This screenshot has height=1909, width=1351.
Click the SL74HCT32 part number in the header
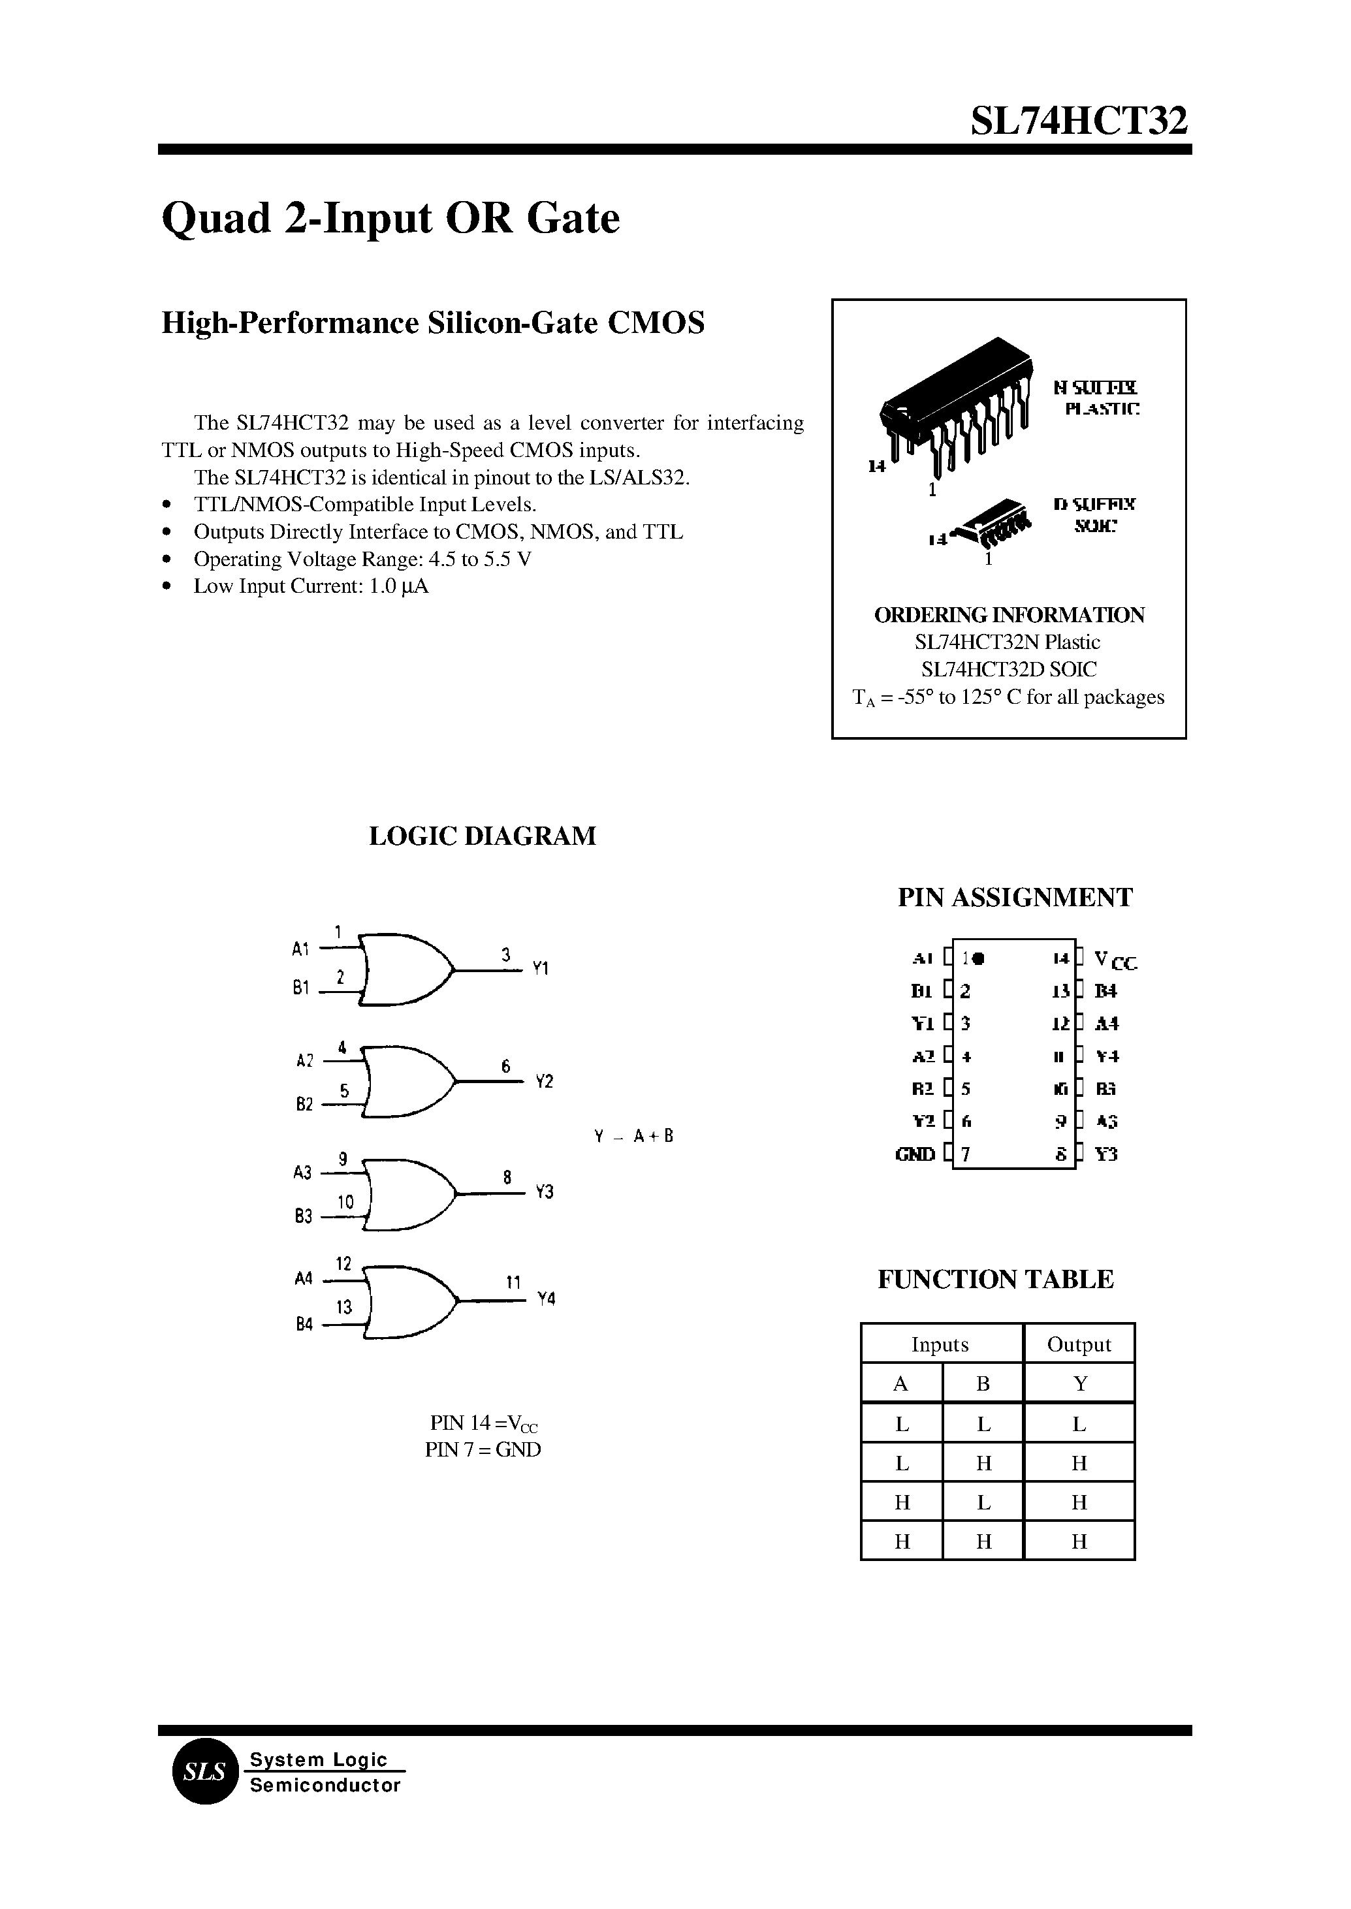(1078, 121)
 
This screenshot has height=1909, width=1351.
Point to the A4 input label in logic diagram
(304, 1278)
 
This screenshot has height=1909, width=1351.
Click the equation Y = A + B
(633, 1136)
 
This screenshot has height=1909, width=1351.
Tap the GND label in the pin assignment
(914, 1154)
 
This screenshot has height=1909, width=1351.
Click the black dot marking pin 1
(978, 958)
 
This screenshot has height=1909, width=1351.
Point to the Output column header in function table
(1078, 1345)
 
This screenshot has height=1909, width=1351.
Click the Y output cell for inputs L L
(1079, 1425)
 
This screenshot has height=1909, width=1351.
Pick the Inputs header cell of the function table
(940, 1345)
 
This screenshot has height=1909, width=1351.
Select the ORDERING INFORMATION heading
(1008, 616)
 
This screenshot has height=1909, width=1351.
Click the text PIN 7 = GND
(483, 1450)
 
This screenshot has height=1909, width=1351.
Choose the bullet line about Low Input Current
(310, 586)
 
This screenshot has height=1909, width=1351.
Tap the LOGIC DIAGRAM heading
(482, 836)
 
